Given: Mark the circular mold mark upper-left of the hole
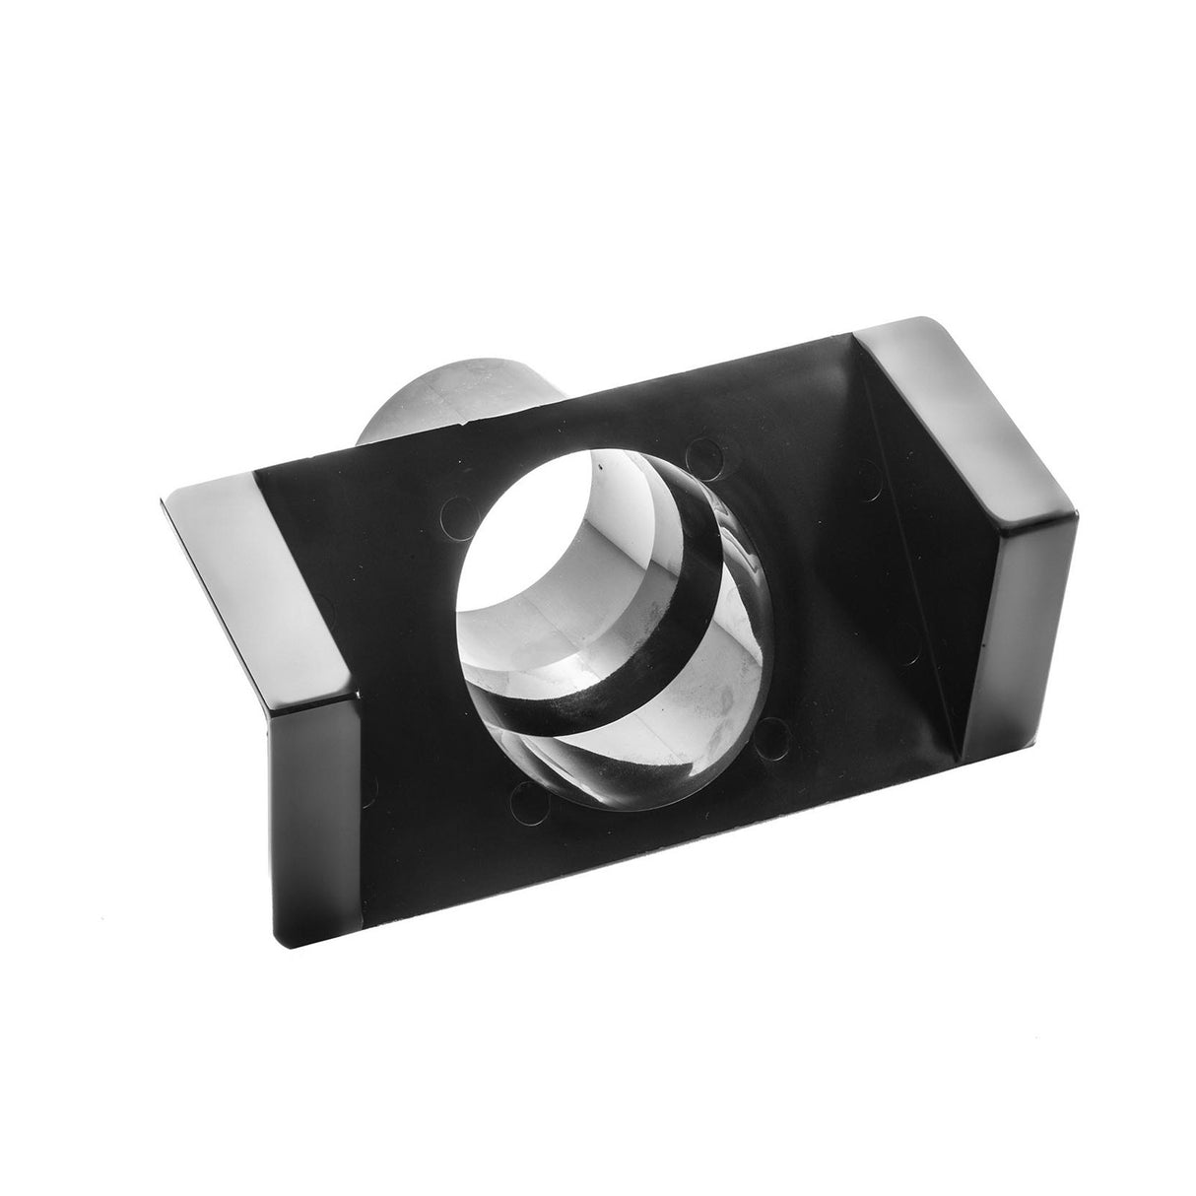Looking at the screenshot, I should (455, 509).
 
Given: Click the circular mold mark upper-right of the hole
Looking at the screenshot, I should (700, 455).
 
